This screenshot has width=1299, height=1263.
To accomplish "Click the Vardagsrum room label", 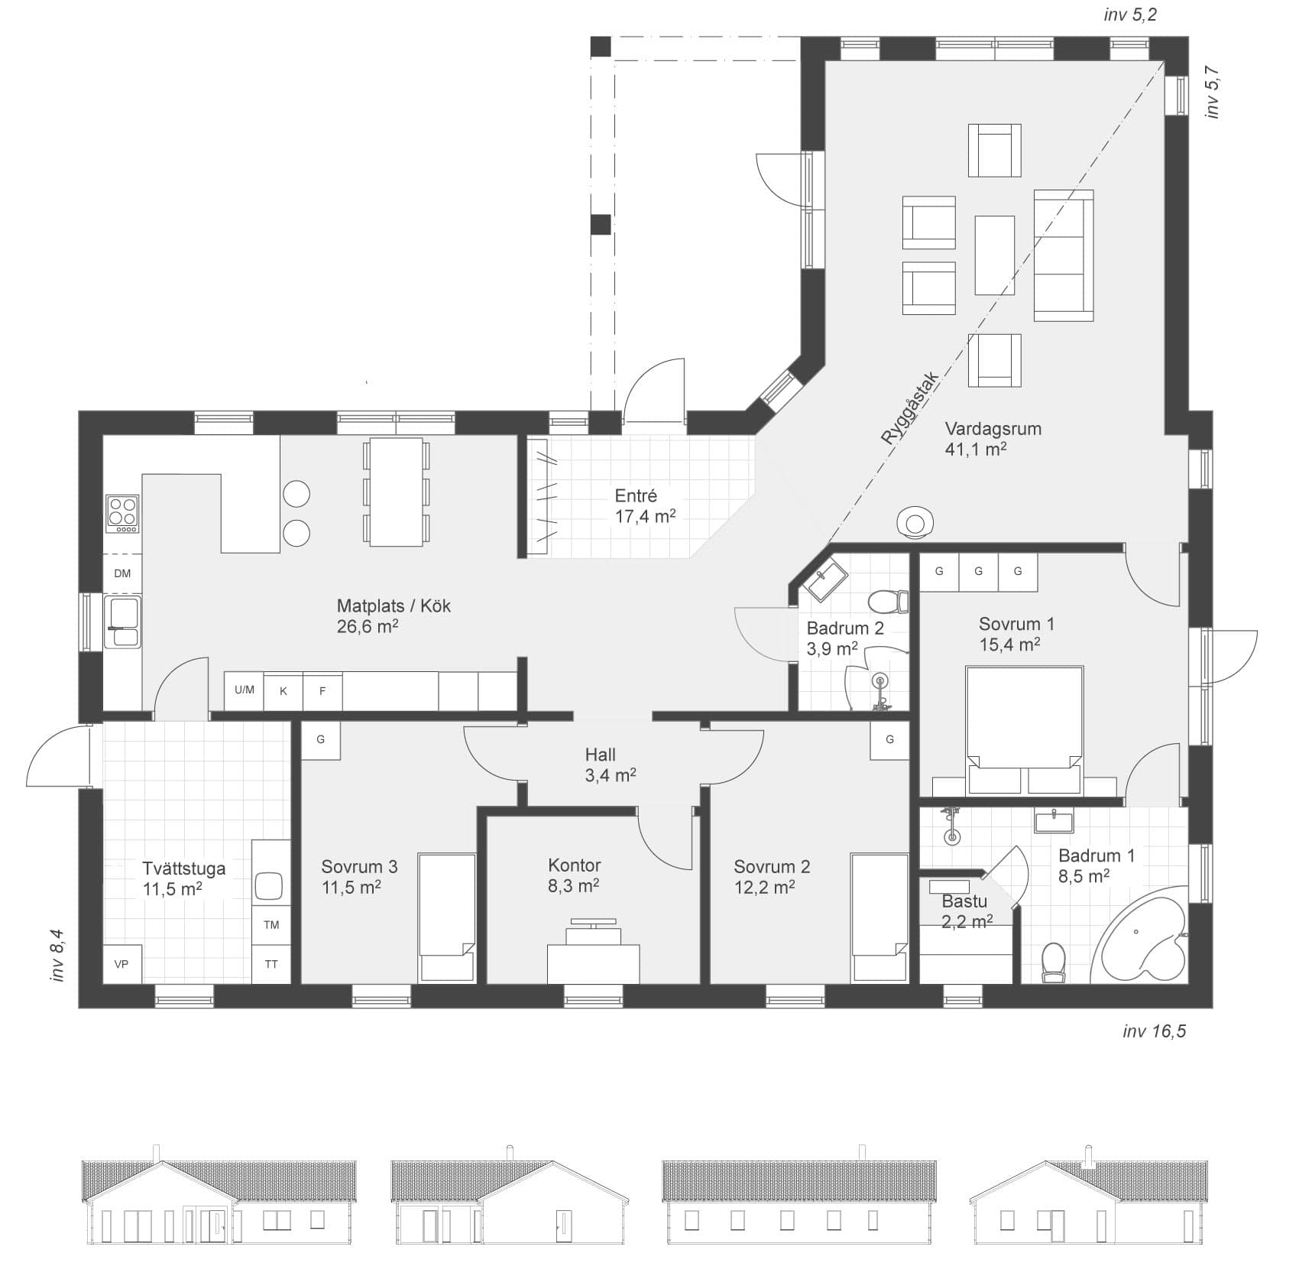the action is click(993, 429).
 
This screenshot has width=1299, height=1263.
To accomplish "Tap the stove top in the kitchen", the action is click(122, 514).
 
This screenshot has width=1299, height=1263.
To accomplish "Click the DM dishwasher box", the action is click(122, 573).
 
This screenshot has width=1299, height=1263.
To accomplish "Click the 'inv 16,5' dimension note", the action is click(1154, 1031).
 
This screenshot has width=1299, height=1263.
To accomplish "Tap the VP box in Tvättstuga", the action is click(121, 964).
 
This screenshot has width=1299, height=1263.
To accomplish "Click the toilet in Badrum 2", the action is click(889, 602).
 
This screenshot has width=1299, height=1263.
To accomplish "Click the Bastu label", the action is click(964, 901).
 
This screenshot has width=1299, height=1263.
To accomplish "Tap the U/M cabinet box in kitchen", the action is click(245, 690).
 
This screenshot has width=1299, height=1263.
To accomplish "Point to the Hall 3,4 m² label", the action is click(611, 765).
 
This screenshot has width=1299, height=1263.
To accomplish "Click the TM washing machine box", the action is click(271, 925).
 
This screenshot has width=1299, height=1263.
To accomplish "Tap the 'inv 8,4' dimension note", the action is click(57, 955).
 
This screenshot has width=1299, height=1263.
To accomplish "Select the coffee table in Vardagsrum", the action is click(995, 255).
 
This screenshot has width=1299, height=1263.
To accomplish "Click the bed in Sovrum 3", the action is click(447, 918).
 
